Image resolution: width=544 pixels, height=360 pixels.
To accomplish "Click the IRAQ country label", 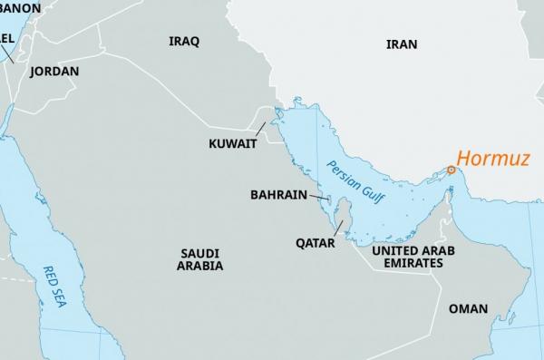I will pos(184,42).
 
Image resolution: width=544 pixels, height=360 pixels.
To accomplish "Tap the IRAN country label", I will pos(402,44).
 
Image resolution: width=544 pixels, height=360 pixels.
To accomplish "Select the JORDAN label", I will pos(54,72).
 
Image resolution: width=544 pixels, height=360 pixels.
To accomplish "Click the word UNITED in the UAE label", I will pos(379,249).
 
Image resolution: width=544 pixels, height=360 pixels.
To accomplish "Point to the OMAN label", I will pos(468,308).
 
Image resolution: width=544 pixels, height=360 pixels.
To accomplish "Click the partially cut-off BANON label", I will pos(20,8).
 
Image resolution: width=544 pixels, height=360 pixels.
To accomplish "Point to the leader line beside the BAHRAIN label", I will pos(318,196).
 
